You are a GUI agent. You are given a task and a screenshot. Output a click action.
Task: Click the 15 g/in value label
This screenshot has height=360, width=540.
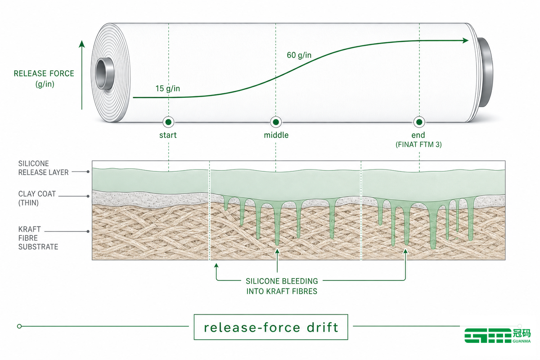[x=167, y=89]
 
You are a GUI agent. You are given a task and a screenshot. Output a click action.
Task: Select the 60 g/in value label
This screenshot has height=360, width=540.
[x=299, y=55]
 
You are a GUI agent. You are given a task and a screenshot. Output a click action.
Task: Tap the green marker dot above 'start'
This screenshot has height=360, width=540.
[x=168, y=122]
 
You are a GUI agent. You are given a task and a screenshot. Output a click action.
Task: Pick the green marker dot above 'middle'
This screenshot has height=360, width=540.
[x=276, y=122]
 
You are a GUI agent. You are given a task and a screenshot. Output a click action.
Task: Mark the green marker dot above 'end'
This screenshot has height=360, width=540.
[x=419, y=122]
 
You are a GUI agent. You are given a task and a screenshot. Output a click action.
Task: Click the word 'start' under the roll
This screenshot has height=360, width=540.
[x=168, y=135]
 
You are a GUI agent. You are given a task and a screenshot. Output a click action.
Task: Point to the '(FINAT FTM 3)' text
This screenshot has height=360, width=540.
[x=418, y=144]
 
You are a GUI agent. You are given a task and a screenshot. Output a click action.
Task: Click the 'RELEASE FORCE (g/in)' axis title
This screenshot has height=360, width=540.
[x=44, y=79]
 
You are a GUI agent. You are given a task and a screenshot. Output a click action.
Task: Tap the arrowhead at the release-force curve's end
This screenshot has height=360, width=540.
[x=465, y=40]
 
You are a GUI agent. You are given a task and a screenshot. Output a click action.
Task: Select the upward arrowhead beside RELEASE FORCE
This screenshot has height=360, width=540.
[x=82, y=44]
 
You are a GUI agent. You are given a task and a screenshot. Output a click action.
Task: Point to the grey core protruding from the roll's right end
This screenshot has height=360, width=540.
[x=485, y=72]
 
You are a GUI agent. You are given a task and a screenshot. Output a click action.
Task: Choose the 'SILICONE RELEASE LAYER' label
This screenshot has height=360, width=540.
[x=43, y=168]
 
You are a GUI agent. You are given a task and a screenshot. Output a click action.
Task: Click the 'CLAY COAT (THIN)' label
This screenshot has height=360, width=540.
[x=37, y=198]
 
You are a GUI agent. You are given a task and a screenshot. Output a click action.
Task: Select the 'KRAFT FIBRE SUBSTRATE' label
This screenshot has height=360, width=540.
[x=38, y=238]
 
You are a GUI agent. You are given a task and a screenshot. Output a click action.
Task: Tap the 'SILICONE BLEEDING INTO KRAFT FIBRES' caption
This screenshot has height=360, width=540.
[x=282, y=286]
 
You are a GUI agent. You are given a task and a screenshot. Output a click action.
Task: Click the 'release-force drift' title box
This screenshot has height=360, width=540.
[x=271, y=327]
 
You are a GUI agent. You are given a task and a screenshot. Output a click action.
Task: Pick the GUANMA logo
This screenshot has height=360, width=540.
[x=498, y=335]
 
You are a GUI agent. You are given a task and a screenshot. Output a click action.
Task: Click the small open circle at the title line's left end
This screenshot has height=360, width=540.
[x=19, y=326]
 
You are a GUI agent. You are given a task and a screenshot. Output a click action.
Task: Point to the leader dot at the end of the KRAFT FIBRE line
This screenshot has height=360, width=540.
[x=88, y=231]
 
